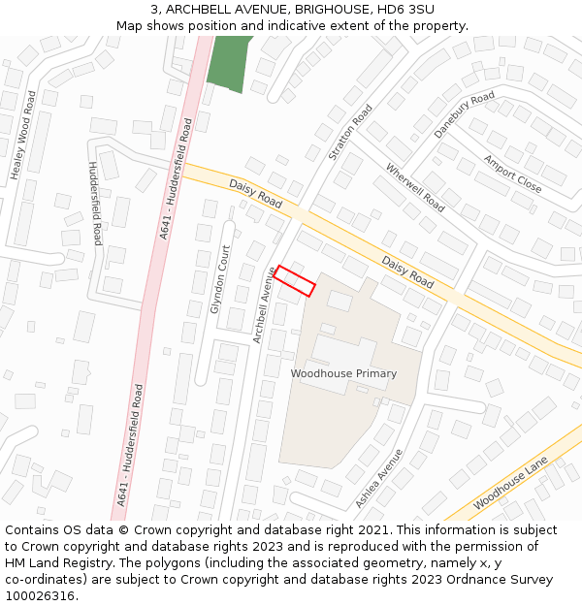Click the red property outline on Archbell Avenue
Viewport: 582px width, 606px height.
tap(294, 281)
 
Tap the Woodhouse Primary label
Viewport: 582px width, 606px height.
tap(343, 373)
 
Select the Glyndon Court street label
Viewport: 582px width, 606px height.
tap(219, 279)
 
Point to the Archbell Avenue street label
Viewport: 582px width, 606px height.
tap(264, 304)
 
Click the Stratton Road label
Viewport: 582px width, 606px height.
tap(351, 133)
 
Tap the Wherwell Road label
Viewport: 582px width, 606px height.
tap(415, 187)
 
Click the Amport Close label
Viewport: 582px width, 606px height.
tap(513, 174)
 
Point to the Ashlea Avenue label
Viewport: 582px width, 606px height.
tap(378, 478)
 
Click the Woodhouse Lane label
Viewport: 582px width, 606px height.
tap(510, 483)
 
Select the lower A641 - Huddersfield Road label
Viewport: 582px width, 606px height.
tap(130, 445)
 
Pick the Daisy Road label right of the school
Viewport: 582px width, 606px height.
tap(407, 271)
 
